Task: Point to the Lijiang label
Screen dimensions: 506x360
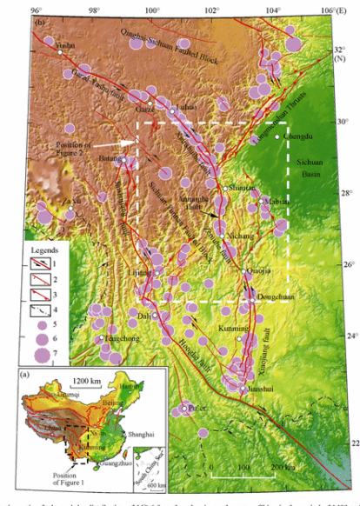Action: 141,273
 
